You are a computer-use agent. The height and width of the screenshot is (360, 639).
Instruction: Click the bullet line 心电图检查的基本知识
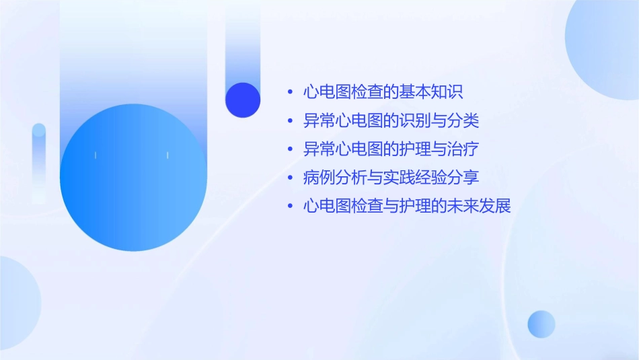point(383,92)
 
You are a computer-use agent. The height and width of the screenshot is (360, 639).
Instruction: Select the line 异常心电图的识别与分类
point(391,121)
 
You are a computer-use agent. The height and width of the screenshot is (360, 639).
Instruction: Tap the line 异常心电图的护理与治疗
point(391,149)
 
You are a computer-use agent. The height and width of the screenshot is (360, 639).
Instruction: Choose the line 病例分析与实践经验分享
point(391,178)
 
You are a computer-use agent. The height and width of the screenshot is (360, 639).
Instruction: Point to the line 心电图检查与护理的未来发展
point(407,206)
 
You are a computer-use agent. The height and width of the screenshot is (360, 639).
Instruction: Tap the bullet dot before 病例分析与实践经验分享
point(289,178)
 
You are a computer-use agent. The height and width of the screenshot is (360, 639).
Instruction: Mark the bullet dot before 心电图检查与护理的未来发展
point(289,207)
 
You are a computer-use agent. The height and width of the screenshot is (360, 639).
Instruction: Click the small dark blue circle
point(243,100)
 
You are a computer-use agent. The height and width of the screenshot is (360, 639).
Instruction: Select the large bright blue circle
point(133,178)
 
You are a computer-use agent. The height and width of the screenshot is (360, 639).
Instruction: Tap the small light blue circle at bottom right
point(541,324)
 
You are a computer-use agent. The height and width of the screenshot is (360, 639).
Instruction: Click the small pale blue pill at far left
point(39,161)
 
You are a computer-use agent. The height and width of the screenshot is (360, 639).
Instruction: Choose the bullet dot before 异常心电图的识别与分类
point(289,122)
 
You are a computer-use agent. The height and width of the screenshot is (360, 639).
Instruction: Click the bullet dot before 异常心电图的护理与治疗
point(289,150)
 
